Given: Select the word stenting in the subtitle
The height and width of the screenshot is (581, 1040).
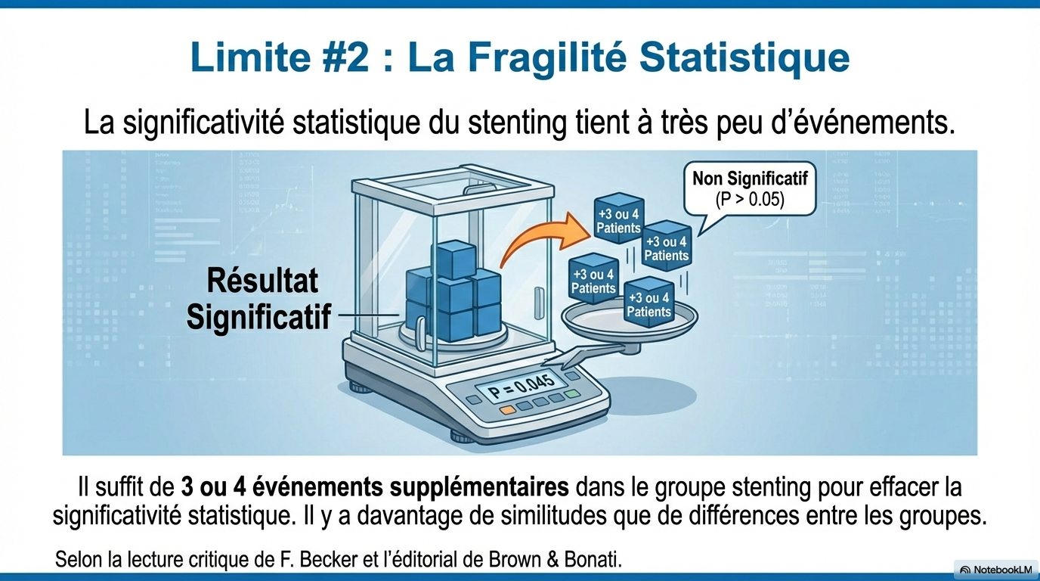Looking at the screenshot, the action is pos(517,123).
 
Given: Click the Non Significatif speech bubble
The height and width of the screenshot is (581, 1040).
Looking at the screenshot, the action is pos(749,190).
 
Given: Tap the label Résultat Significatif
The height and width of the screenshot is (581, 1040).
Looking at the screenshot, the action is pos(259,298).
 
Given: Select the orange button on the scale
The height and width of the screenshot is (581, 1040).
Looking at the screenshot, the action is pos(507,410).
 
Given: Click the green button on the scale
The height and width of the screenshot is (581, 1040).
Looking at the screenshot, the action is pos(572,394).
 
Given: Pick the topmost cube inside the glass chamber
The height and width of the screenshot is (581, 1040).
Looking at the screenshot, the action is pos(453,259).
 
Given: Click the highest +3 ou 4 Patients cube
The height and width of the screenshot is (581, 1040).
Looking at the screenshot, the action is pos(618,219).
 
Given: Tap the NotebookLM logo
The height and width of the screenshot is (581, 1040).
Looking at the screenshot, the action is pos(995,570).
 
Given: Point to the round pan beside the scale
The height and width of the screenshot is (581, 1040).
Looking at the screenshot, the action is pos(629,321).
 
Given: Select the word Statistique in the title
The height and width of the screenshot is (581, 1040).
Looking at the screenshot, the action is pos(744,58).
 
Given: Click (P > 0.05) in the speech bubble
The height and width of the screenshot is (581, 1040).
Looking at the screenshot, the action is pos(749,200).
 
